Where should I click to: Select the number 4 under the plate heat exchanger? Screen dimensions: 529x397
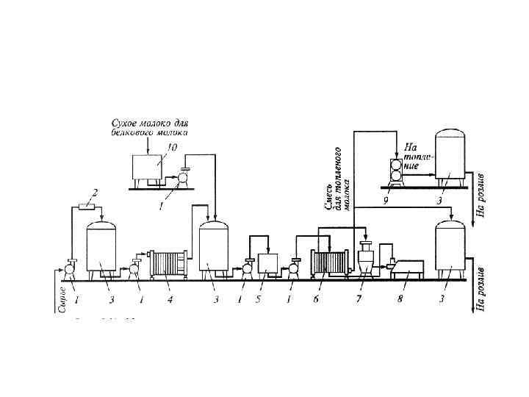(170, 299)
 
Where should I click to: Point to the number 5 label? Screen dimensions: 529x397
(258, 299)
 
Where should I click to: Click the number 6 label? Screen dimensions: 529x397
(315, 299)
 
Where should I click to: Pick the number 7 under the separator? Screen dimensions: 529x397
(359, 299)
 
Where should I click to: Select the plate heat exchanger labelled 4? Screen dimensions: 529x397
(168, 263)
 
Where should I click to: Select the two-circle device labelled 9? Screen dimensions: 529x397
(396, 171)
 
